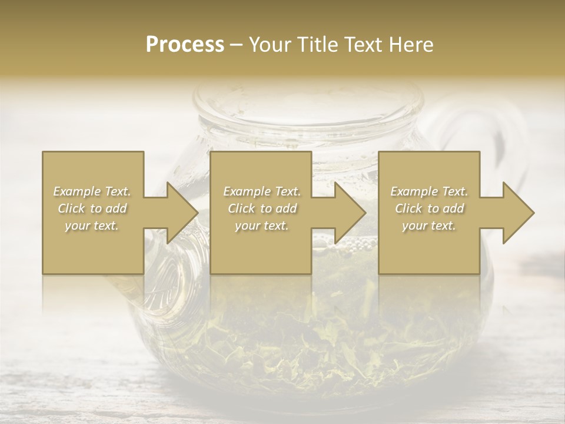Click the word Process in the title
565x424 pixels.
[x=185, y=45]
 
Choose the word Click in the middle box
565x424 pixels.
[x=241, y=208]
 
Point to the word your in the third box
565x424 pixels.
[x=416, y=226]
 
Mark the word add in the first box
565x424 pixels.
[x=117, y=208]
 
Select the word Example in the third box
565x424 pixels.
[x=413, y=191]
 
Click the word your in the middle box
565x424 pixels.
[x=248, y=226]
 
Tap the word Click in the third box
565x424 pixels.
[x=408, y=208]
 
